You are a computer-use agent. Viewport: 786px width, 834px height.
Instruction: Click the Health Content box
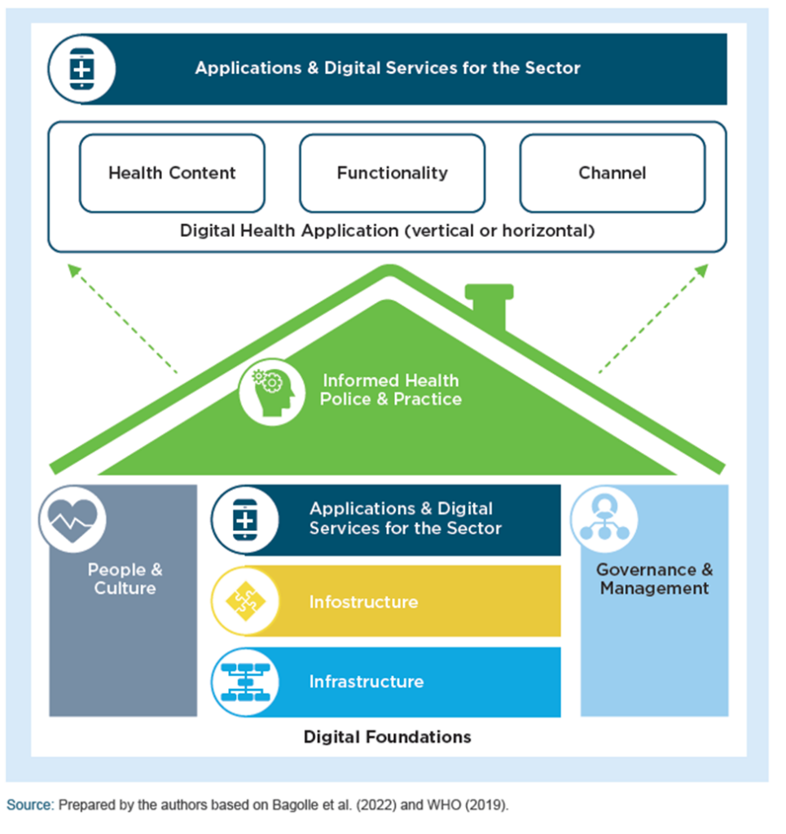(172, 173)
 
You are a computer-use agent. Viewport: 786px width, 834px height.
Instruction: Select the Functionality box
(392, 173)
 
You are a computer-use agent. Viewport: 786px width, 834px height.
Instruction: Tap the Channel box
(613, 173)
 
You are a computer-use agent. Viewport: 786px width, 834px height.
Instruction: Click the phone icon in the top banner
(81, 68)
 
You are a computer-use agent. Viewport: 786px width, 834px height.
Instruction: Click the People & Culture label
(125, 578)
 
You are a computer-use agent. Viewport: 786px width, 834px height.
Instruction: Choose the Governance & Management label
(654, 578)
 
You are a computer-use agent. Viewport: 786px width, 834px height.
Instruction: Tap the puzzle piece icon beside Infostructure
(244, 602)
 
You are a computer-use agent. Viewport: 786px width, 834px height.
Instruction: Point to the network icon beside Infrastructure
(244, 682)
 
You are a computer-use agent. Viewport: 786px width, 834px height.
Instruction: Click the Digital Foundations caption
(387, 737)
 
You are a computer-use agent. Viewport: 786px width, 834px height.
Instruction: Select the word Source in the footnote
(29, 805)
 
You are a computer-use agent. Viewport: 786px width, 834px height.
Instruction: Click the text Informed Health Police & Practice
(391, 390)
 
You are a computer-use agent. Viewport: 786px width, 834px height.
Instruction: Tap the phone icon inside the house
(244, 520)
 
